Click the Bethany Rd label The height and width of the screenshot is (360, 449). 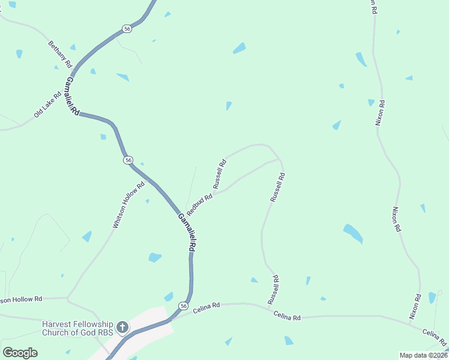[60, 55]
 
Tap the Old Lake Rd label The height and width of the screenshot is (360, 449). [48, 104]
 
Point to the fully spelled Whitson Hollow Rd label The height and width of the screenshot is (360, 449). [129, 205]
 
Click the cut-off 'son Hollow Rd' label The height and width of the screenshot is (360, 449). [21, 299]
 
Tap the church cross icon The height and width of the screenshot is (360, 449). [122, 327]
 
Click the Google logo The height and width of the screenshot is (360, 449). [20, 353]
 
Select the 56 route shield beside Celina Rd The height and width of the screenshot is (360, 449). [182, 307]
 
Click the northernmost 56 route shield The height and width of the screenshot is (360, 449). [126, 29]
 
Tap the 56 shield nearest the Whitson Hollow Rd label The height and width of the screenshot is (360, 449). [128, 160]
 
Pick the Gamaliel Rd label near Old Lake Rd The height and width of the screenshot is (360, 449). [73, 96]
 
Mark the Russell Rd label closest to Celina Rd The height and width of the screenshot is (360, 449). [273, 289]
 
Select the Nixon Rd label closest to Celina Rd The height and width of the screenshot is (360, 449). [415, 307]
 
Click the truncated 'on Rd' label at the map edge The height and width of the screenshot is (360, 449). [373, 7]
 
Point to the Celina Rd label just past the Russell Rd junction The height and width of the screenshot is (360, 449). [287, 315]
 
